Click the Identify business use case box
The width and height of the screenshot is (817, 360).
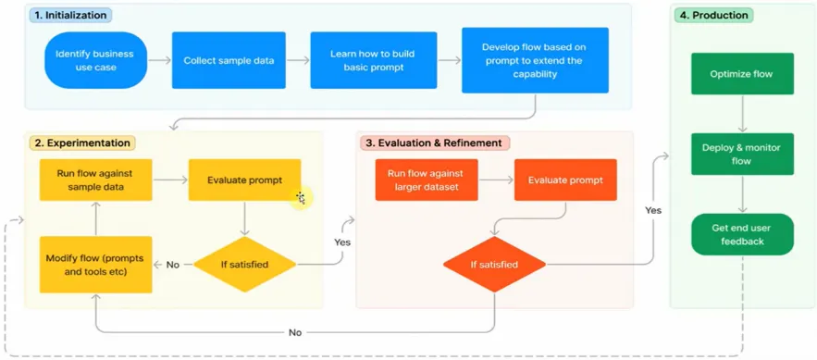point(94,60)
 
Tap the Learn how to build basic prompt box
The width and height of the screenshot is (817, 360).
point(373,60)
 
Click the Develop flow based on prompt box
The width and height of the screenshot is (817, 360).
point(534,60)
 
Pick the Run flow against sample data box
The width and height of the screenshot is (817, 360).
point(95,180)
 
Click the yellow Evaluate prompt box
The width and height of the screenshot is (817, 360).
point(244,180)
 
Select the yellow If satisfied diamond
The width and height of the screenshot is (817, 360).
point(244,265)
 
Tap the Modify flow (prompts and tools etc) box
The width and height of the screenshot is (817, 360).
point(95,265)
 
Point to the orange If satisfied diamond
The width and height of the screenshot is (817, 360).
point(494,265)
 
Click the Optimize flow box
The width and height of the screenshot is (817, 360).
point(741,74)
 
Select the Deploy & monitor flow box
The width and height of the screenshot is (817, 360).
point(741,154)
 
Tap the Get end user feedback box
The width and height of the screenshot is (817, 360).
point(741,234)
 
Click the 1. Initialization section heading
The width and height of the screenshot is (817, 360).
point(70,15)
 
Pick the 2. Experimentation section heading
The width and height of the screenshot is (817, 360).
point(82,143)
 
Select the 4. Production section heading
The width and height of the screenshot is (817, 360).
point(713,15)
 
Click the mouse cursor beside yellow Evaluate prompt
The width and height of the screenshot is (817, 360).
point(301,197)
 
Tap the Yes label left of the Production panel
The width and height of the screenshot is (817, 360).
point(653,210)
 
